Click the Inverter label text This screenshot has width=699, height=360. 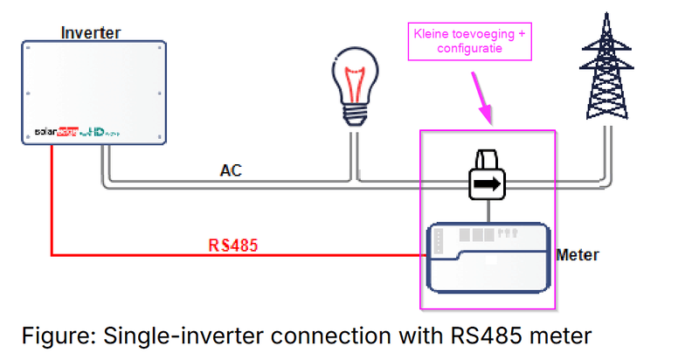(x=91, y=33)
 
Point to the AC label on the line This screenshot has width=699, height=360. (x=231, y=171)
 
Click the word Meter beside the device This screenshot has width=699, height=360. (x=578, y=255)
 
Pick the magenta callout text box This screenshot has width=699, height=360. (x=471, y=42)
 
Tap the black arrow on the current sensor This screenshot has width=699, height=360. (x=490, y=184)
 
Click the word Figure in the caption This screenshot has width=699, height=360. (x=57, y=335)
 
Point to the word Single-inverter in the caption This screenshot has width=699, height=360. (x=174, y=335)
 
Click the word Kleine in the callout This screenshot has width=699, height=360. (x=434, y=35)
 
